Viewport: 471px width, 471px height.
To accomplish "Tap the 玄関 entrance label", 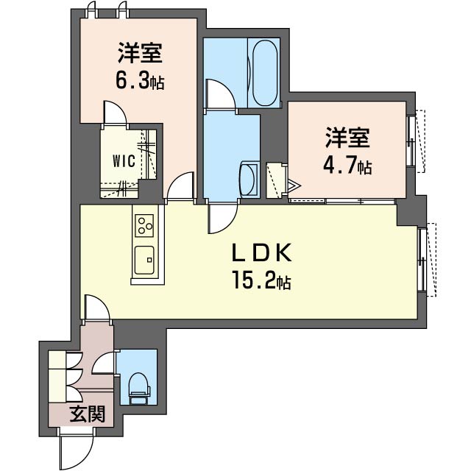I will [x=87, y=414].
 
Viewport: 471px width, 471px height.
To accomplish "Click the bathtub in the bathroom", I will [x=263, y=72].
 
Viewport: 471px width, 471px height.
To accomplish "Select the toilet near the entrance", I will [x=138, y=386].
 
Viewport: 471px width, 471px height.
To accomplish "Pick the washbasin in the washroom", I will [x=247, y=178].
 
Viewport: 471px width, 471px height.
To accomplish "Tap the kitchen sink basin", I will [x=144, y=259].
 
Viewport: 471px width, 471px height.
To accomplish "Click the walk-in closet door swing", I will [x=115, y=114].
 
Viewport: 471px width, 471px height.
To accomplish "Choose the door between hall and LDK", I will [x=97, y=307].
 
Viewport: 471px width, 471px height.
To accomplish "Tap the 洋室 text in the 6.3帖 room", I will [x=138, y=54].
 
